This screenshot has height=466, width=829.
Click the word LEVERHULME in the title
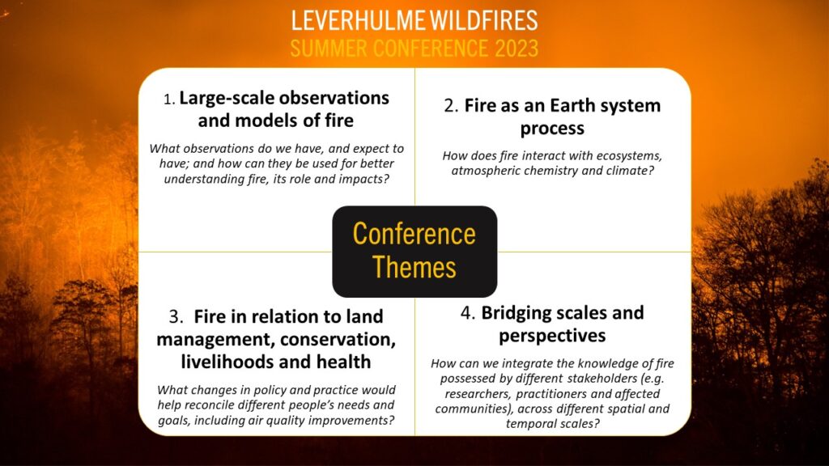359,20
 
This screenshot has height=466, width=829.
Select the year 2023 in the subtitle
517,48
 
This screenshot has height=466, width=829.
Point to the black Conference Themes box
414,252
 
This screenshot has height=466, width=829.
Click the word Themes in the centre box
414,267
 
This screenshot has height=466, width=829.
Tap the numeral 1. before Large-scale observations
169,100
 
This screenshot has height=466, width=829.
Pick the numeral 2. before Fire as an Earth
451,106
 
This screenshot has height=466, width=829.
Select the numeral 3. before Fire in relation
176,317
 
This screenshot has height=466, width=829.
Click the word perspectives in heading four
552,337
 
